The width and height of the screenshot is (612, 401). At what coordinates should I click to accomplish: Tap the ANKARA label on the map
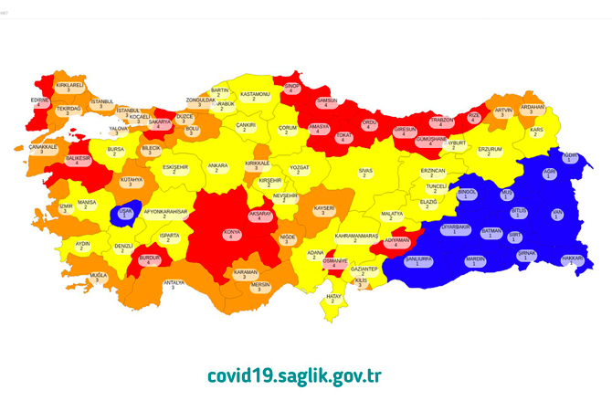(x=217, y=168)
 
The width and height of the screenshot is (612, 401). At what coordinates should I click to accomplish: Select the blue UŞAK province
(x=124, y=215)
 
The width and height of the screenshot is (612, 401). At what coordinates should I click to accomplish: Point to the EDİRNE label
(x=39, y=101)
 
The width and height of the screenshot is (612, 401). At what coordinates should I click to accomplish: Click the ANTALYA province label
(x=174, y=285)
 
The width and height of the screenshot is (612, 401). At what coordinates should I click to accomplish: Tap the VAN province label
(x=556, y=216)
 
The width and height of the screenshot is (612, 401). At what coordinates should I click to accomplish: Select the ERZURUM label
(x=491, y=151)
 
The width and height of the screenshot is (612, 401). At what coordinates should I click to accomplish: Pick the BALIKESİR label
(x=78, y=161)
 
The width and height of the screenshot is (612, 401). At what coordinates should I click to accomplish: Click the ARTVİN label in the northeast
(x=504, y=113)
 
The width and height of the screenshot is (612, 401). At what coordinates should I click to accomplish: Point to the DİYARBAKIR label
(x=455, y=228)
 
